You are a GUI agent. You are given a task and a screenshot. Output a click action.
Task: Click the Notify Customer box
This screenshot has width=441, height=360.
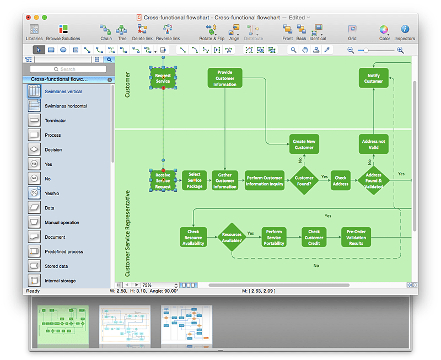tap(373, 78)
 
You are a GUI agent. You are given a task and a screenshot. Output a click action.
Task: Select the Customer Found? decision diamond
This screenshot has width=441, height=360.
tap(304, 181)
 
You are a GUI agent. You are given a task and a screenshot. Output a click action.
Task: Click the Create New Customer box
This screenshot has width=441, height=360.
tap(304, 144)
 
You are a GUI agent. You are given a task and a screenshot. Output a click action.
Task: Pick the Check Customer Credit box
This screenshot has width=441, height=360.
tap(314, 237)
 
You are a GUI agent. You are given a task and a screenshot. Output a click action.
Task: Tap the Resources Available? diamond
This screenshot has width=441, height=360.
tap(232, 238)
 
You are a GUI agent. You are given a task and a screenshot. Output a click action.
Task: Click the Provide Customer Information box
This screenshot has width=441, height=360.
tap(224, 78)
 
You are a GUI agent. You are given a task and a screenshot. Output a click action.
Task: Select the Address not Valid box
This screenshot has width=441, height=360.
tap(373, 144)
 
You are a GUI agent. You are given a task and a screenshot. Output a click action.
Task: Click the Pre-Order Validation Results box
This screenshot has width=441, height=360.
tap(356, 237)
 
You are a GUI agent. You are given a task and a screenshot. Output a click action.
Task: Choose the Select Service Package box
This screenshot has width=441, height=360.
tap(194, 180)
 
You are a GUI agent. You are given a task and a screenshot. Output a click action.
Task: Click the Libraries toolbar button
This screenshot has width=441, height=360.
tap(34, 32)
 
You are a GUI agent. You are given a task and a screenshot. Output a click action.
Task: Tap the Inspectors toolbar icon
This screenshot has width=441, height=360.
tap(405, 32)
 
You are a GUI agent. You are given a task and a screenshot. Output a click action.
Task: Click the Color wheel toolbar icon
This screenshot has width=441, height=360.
tap(384, 32)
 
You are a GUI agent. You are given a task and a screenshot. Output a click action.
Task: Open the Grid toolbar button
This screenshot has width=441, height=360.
tap(352, 32)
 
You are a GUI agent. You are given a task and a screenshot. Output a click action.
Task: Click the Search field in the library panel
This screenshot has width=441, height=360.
tap(68, 69)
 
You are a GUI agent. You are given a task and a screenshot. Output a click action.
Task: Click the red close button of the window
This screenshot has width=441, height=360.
tap(28, 18)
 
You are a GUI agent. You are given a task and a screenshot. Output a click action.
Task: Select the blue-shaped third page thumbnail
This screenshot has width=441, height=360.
tap(186, 326)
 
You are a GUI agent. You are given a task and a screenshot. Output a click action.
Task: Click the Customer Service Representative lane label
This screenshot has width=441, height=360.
tap(127, 233)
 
